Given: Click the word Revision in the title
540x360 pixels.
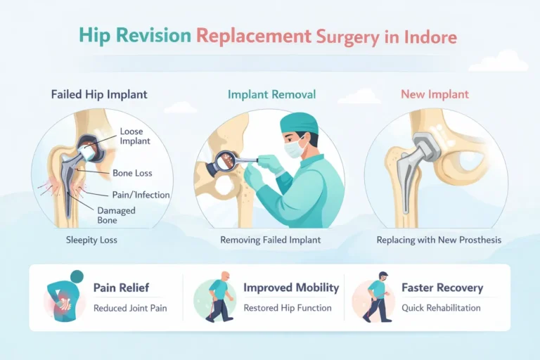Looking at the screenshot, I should pos(159,35).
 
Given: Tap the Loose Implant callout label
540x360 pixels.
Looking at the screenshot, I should pos(136,136).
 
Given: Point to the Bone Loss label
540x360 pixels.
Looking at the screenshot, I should pos(133,172).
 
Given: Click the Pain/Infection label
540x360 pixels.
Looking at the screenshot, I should pos(141,194).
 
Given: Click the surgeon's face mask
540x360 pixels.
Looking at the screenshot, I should pos(296,147).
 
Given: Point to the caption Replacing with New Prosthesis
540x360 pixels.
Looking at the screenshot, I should pos(439,240).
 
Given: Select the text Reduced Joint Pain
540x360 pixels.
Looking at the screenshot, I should pos(130,308).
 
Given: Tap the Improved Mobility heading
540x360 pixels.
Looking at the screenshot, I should pos(291,288).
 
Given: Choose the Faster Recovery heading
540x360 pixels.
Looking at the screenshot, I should pos(442,288).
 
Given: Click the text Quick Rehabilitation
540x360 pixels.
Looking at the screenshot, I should pos(441,308).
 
